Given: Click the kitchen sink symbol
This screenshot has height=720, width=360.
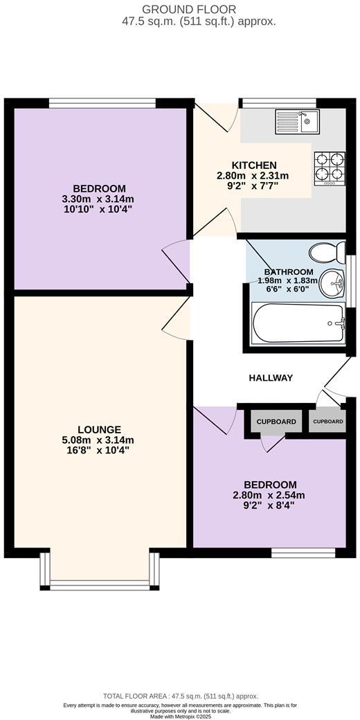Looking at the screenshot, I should pyautogui.click(x=296, y=121).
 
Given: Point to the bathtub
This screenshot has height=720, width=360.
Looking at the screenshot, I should pyautogui.click(x=298, y=323).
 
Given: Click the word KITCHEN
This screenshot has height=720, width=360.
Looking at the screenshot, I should pyautogui.click(x=253, y=165).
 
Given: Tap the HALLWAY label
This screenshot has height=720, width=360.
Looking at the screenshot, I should pyautogui.click(x=271, y=378).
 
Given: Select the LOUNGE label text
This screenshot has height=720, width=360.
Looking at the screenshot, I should pyautogui.click(x=99, y=429).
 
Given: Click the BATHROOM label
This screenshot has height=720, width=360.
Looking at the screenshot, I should pyautogui.click(x=288, y=272).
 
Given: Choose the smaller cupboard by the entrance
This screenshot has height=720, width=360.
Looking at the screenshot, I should pyautogui.click(x=327, y=422).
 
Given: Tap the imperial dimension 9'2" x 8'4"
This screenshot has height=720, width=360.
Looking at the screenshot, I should pyautogui.click(x=270, y=505).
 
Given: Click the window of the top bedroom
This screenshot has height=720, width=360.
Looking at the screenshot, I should pyautogui.click(x=102, y=103).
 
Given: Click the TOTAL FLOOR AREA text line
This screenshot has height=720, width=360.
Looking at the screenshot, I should pyautogui.click(x=180, y=696).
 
